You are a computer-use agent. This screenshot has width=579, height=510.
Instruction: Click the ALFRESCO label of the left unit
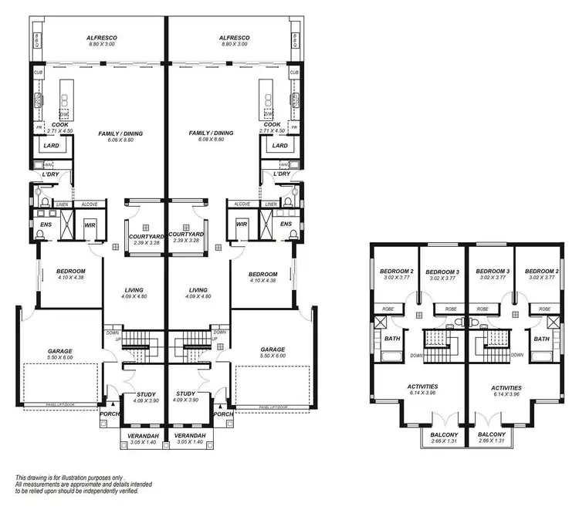click(x=100, y=37)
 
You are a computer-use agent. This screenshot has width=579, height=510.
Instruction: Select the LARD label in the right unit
click(x=280, y=145)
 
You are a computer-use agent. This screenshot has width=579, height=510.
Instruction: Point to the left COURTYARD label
click(x=144, y=234)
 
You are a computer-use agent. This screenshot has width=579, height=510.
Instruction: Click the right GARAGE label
click(x=273, y=349)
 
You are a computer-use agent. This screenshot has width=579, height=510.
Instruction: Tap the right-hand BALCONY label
click(x=491, y=434)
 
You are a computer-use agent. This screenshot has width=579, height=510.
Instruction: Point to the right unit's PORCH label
click(x=223, y=414)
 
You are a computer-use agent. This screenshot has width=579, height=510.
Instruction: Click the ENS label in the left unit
click(x=46, y=225)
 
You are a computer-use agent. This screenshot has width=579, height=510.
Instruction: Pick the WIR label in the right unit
click(x=242, y=225)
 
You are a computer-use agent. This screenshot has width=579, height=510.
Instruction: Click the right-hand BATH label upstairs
click(x=542, y=339)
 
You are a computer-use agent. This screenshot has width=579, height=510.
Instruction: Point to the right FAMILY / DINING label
click(x=211, y=133)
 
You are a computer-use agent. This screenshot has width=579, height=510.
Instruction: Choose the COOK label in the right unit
click(x=272, y=124)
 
